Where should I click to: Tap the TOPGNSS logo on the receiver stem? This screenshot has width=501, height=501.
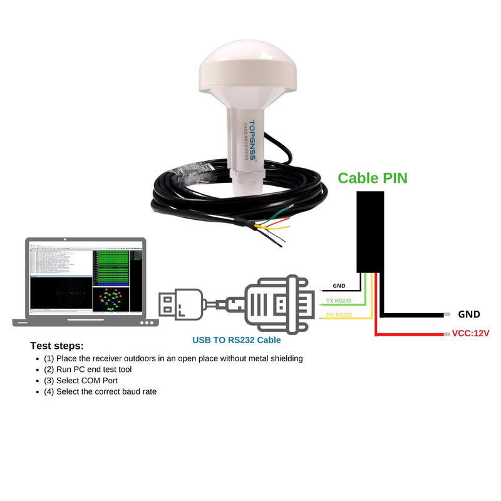[252, 140]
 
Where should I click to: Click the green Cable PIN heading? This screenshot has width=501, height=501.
[373, 178]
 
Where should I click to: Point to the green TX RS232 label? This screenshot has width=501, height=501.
[339, 301]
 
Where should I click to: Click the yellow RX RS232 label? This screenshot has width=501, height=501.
[339, 315]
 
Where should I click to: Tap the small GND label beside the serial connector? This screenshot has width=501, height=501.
[339, 286]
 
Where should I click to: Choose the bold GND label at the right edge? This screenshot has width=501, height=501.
[469, 314]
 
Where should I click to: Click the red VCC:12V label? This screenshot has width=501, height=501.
[470, 333]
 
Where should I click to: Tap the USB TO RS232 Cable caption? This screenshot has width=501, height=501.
[237, 341]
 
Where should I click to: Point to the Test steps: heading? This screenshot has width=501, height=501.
[56, 346]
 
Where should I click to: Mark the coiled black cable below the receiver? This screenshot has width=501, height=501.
[188, 200]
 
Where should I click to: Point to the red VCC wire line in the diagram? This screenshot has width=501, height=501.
[407, 335]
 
